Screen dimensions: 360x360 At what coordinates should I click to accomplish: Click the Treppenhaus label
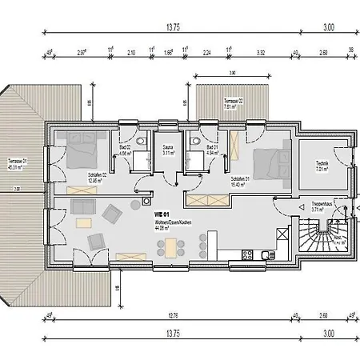322,205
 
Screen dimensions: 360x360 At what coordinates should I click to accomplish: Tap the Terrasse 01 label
17,165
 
